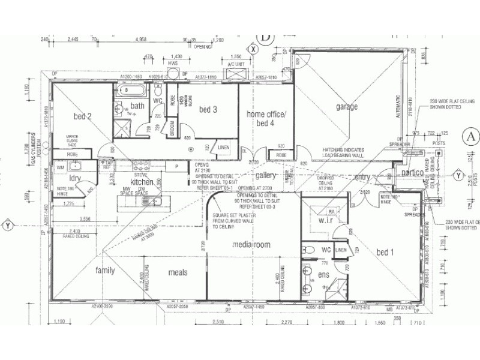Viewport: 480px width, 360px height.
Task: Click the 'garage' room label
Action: click(x=346, y=107)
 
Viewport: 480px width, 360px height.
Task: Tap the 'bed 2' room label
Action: click(x=82, y=116)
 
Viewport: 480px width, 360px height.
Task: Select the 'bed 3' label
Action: click(x=207, y=109)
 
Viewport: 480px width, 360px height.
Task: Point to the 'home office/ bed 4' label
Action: click(x=267, y=118)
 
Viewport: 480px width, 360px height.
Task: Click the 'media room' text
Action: click(x=252, y=245)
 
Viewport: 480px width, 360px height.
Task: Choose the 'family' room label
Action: click(x=105, y=271)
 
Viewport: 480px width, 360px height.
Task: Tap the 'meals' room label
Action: click(x=178, y=272)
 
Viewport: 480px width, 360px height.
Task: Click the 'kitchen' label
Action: click(x=143, y=181)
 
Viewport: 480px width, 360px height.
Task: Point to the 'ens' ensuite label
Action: click(x=323, y=275)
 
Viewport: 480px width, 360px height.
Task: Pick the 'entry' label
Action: click(x=362, y=177)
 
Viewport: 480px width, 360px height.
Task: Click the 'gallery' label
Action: click(x=265, y=175)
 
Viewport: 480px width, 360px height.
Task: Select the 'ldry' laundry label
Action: click(x=75, y=178)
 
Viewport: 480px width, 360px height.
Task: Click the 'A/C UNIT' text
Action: click(x=236, y=64)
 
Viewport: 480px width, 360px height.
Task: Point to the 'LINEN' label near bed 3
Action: click(x=223, y=147)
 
